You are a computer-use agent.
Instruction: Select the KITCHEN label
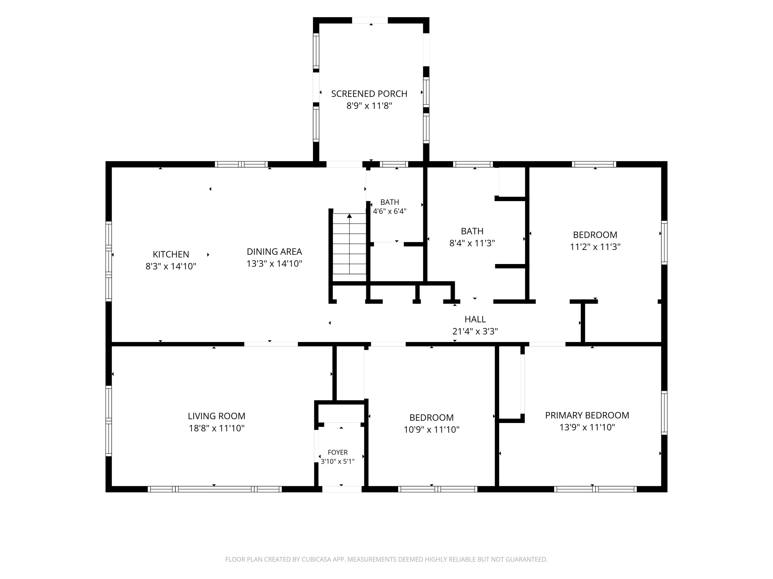(x=171, y=255)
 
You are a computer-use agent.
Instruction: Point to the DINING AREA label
(x=274, y=252)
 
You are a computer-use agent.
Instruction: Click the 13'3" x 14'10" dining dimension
(x=274, y=264)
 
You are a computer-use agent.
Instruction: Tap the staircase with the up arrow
(x=349, y=247)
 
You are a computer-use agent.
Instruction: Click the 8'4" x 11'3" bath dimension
(x=472, y=243)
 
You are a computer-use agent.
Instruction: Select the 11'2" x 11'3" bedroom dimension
(x=595, y=247)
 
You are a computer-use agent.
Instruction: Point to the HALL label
(x=475, y=319)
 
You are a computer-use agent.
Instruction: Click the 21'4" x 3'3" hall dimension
(x=475, y=331)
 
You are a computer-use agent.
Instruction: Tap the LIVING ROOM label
(x=217, y=416)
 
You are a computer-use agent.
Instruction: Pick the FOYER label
(x=338, y=452)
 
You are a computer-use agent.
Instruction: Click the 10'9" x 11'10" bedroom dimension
(x=432, y=430)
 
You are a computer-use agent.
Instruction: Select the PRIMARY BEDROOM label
(x=587, y=415)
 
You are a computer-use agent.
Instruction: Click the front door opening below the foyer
(x=342, y=489)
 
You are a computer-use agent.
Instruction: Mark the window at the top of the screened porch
(x=370, y=20)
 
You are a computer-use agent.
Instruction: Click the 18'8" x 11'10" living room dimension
(x=217, y=428)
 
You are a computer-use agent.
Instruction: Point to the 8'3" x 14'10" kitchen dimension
(x=171, y=266)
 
